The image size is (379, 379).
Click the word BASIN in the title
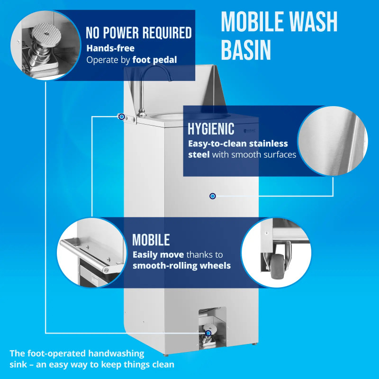tap(246, 50)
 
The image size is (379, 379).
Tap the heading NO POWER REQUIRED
tap(139, 33)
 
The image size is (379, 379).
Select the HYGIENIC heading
tap(211, 129)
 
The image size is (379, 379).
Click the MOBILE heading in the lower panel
tap(151, 240)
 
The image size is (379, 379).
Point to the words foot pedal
tap(155, 60)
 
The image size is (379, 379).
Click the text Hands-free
tap(110, 48)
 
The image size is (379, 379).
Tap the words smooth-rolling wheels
tap(182, 266)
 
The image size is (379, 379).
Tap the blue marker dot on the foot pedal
tap(208, 334)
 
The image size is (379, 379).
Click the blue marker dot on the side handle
tap(122, 117)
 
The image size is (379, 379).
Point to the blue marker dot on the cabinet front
tap(212, 196)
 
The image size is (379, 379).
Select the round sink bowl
tap(167, 117)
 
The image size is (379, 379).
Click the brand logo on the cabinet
tap(249, 131)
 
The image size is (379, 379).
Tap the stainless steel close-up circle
tap(333, 141)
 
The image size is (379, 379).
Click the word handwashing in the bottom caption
tap(116, 353)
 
